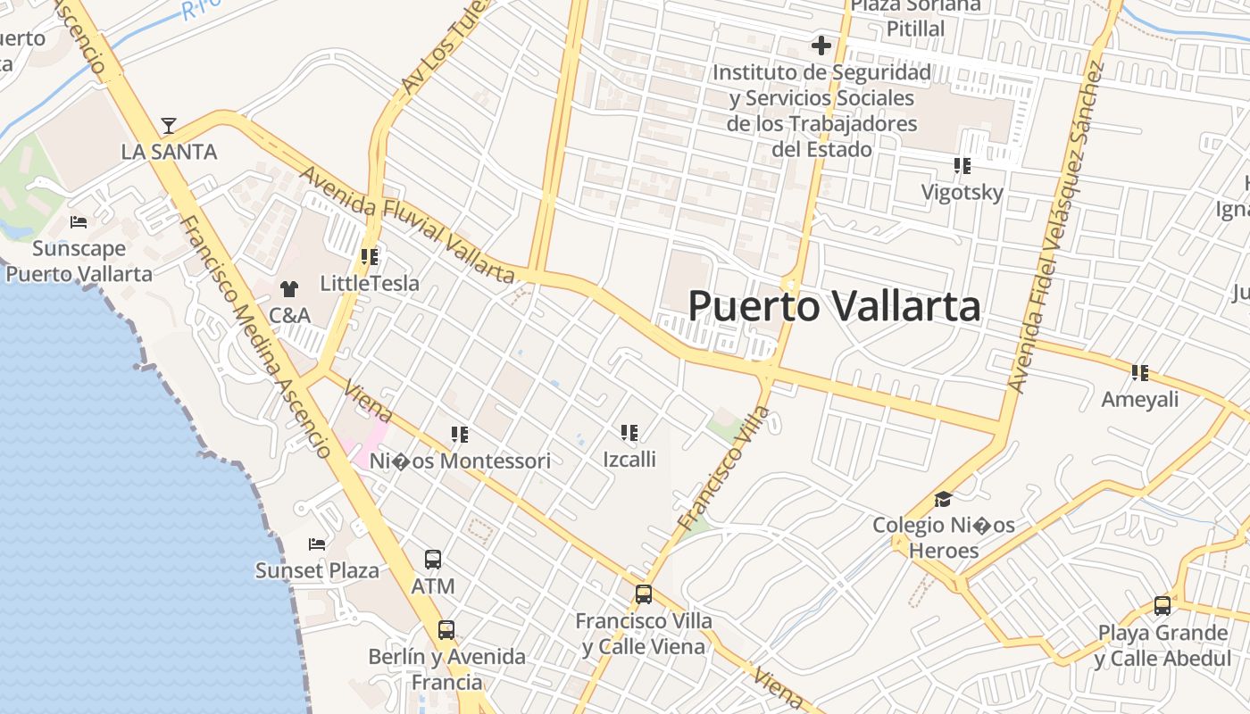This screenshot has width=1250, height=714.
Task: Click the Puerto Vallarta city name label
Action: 834,306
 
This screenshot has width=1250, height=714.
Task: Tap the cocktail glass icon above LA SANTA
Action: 169,126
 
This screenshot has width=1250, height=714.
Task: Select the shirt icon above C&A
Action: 289,288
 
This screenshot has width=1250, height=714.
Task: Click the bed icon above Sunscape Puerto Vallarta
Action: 79,221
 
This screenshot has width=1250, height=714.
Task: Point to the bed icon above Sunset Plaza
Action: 317,544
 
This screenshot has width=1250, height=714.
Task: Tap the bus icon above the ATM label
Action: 433,560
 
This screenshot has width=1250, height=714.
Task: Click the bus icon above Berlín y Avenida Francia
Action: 446,629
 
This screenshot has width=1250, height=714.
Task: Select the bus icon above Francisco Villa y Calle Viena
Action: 643,594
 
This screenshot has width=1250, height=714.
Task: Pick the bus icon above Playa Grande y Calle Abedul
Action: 1162,606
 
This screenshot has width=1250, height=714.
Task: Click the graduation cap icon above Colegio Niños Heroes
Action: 943,499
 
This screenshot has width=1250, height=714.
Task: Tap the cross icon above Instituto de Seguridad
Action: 821,46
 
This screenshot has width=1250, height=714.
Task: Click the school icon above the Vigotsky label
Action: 962,165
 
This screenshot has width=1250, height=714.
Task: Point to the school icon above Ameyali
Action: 1139,372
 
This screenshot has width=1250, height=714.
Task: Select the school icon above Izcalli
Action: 629,433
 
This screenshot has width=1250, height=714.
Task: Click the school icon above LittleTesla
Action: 370,257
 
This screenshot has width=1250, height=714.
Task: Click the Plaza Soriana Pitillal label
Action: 915,17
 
